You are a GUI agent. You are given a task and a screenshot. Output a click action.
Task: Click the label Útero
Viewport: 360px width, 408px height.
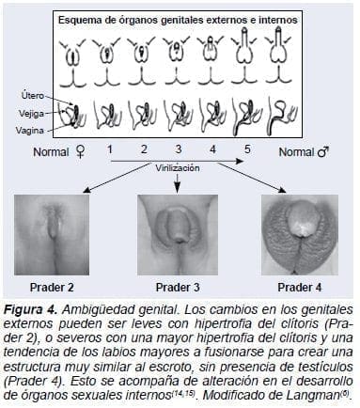click(32, 95)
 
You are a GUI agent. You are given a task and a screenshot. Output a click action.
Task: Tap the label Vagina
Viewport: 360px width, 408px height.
click(31, 131)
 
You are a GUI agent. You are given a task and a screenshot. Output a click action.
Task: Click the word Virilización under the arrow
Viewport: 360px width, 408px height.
click(176, 165)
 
